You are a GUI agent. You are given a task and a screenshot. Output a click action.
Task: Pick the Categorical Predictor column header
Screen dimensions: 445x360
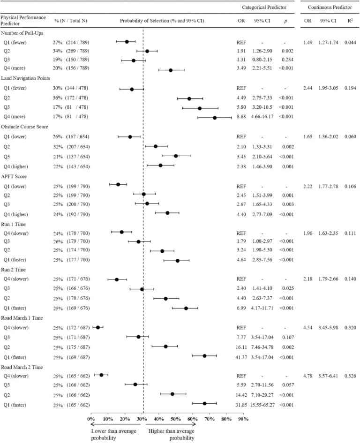coord(264,8)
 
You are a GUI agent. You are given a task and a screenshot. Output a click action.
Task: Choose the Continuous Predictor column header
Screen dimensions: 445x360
coord(330,8)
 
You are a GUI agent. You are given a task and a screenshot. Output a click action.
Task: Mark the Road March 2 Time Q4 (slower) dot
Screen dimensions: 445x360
coord(101,375)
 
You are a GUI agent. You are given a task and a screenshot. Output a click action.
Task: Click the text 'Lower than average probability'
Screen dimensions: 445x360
coord(114,432)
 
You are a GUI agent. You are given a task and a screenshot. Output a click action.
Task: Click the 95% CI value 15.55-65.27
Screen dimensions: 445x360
coord(265,404)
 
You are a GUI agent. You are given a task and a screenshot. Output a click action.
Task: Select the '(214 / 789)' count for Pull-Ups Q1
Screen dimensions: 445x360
coord(78,42)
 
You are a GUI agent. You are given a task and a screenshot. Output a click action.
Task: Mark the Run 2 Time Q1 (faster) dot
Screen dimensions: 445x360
coord(186,308)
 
